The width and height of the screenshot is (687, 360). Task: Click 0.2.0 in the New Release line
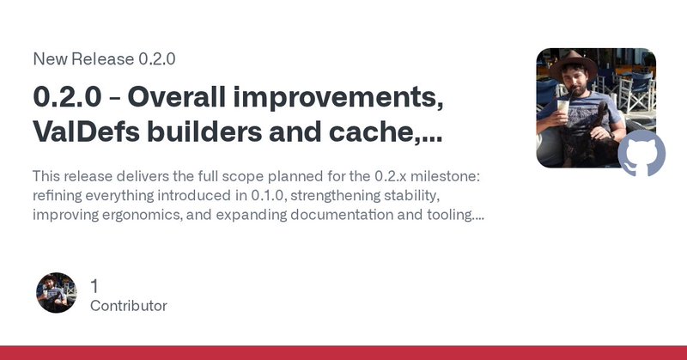[x=158, y=59]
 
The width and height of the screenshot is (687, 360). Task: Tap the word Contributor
[x=129, y=306]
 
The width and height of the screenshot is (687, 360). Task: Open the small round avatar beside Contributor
[x=57, y=294]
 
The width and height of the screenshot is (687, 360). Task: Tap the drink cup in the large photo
[x=561, y=109]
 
